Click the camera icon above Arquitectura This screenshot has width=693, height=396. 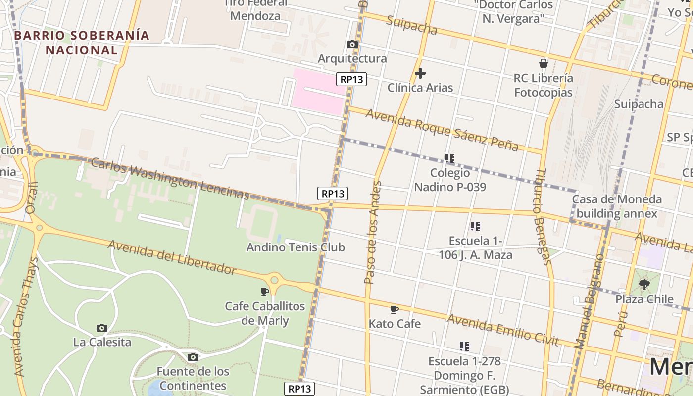(x=352, y=45)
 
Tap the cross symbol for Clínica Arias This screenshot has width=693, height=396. (x=420, y=74)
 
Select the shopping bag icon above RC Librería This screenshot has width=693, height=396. (x=544, y=63)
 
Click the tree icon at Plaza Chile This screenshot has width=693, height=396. (x=644, y=285)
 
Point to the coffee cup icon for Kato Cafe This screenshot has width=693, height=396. (x=395, y=310)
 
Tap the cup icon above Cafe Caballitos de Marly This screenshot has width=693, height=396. (x=265, y=292)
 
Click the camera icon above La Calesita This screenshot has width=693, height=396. (x=102, y=328)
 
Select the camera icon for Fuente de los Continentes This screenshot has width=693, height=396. (x=193, y=357)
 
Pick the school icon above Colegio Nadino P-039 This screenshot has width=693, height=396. (x=449, y=158)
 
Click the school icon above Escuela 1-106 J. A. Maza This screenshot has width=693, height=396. (x=475, y=226)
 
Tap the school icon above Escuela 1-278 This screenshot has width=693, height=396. (x=464, y=346)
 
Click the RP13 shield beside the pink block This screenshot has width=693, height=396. (x=351, y=79)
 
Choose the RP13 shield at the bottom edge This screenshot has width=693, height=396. (x=300, y=389)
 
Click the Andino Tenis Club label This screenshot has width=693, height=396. (x=296, y=247)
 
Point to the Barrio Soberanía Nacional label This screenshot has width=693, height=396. (x=82, y=43)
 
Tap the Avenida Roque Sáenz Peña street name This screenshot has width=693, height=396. (x=442, y=130)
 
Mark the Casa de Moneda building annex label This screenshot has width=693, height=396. (x=617, y=206)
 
